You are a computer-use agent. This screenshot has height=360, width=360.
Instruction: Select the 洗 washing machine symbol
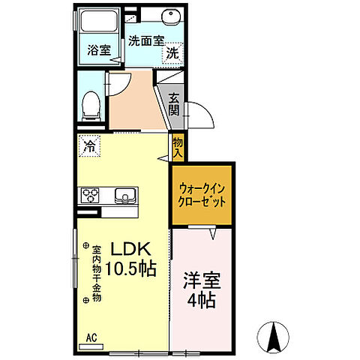(172, 53)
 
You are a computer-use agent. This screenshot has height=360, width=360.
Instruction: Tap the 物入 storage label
(178, 146)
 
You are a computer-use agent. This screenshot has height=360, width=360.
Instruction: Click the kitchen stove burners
(92, 196)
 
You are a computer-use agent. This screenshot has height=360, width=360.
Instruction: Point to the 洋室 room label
(200, 286)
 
